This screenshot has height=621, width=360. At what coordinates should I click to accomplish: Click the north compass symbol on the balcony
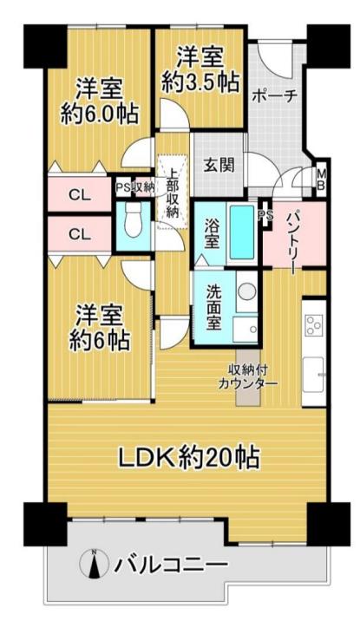pyautogui.click(x=95, y=564)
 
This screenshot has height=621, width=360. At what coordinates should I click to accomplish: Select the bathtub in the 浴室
pyautogui.click(x=242, y=232)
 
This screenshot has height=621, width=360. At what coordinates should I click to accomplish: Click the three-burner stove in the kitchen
pyautogui.click(x=314, y=325)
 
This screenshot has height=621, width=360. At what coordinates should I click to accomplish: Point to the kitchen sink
pyautogui.click(x=313, y=374)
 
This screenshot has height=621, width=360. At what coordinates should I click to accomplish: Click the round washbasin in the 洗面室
pyautogui.click(x=246, y=291)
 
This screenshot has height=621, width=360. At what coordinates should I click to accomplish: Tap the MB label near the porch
pyautogui.click(x=322, y=179)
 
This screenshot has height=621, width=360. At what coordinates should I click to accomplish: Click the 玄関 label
pyautogui.click(x=219, y=165)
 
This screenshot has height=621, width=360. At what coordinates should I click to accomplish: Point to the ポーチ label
pyautogui.click(x=274, y=96)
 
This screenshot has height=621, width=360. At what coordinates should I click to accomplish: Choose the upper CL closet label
pyautogui.click(x=80, y=195)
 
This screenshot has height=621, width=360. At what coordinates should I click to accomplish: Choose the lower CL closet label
pyautogui.click(x=80, y=234)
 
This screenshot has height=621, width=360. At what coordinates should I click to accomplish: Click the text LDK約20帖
pyautogui.click(x=190, y=457)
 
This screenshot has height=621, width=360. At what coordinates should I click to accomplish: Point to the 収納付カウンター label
pyautogui.click(x=248, y=376)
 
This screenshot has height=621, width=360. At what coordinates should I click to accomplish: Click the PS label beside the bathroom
pyautogui.click(x=265, y=215)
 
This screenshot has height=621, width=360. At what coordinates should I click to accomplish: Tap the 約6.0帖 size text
pyautogui.click(x=100, y=114)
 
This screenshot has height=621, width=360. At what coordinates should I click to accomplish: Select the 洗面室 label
pyautogui.click(x=213, y=308)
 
